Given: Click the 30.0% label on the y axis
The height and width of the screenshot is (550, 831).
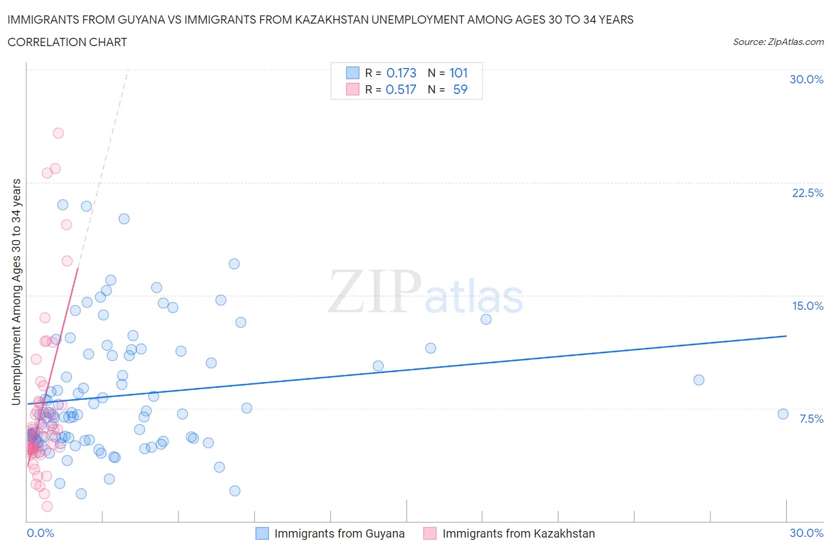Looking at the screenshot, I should pos(806,79).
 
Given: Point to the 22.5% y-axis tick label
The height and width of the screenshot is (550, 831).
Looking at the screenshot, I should pos(807,193).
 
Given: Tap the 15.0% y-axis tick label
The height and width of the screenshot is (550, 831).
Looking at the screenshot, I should pos(807,306).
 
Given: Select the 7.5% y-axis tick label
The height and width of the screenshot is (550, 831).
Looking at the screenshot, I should pos(811,419).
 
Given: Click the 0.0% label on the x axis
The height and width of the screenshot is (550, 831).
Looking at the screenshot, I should pos(40,533).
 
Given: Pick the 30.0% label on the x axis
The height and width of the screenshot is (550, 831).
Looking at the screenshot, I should pos(806,533).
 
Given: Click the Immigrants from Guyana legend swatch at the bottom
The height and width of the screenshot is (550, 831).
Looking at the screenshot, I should pos(262,533).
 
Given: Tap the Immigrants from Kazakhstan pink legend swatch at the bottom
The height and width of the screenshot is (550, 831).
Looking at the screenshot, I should pos(430,533).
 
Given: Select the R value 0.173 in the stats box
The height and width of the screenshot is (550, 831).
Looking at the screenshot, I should pos(401,73).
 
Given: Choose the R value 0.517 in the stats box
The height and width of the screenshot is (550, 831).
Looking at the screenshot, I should pos(401,89).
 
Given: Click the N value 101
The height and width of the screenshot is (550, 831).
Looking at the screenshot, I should pos(458,73).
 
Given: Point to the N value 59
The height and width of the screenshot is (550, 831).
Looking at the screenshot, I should pos(460,89).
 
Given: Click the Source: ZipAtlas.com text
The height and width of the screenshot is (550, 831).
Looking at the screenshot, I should pos(778,42).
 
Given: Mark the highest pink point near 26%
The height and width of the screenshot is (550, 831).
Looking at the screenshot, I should pos(58,133).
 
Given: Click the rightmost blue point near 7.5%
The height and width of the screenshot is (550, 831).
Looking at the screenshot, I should pos(783,414).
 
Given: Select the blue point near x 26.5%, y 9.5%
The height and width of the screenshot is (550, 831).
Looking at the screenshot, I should pos(699,380).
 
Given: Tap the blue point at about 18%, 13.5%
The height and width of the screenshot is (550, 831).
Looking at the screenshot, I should pos(486,319).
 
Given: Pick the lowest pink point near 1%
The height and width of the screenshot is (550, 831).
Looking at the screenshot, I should pos(47,506).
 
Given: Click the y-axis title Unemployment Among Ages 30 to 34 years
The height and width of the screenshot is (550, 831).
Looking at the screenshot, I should pos(16,292).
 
